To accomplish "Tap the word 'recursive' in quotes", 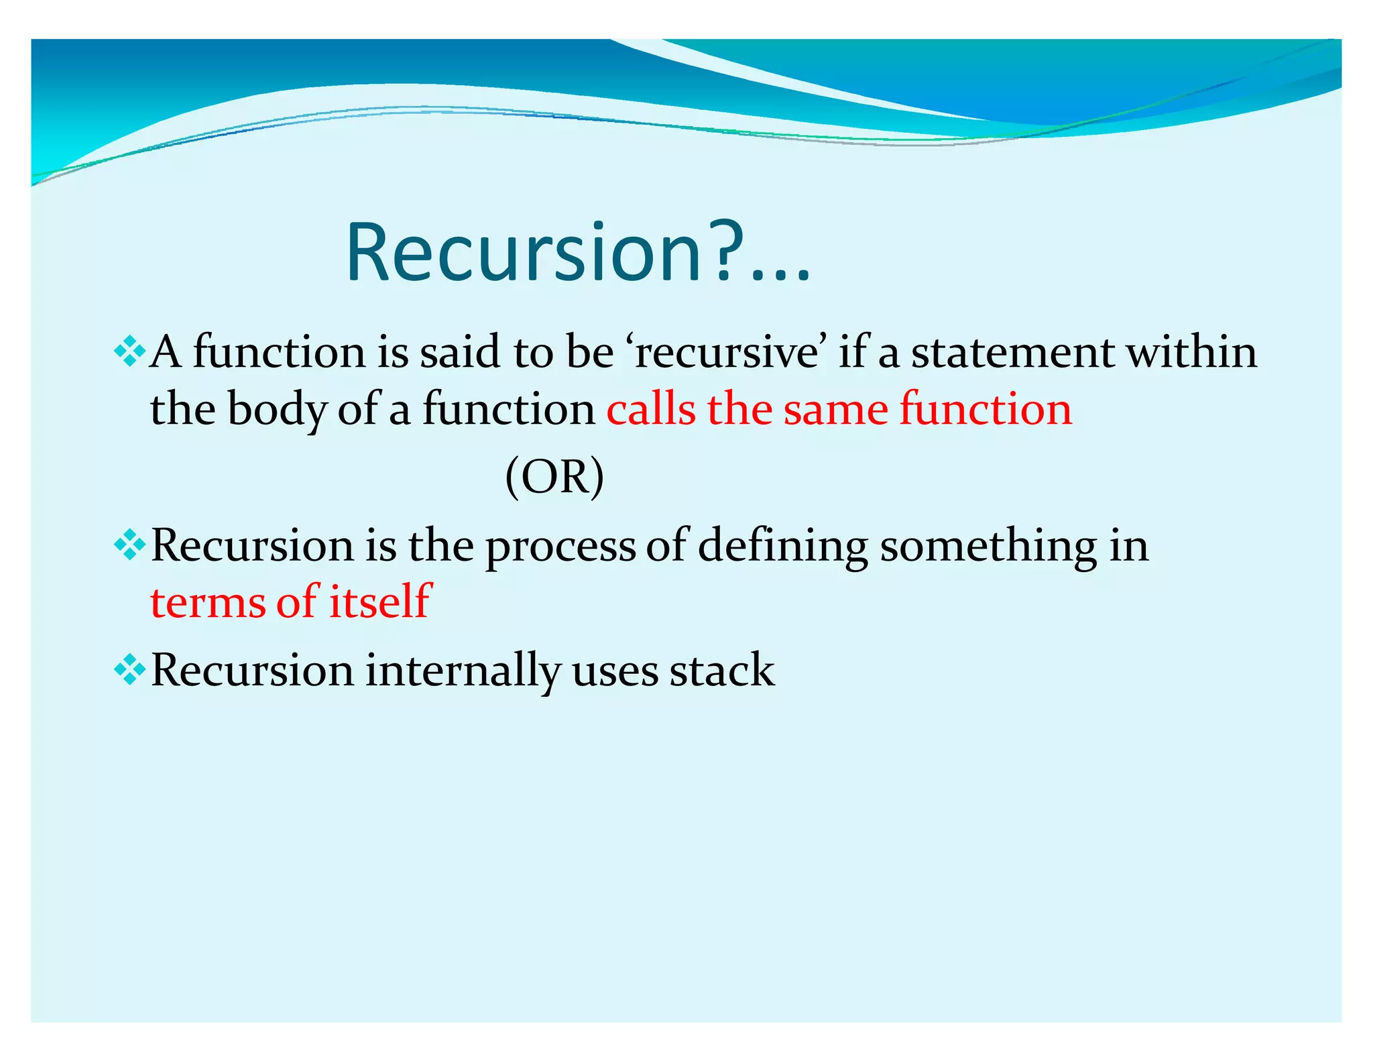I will click(727, 352).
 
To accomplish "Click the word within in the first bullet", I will click(1191, 352).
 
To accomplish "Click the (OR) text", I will click(554, 476).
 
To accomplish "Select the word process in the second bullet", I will click(560, 547).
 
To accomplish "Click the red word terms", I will click(207, 602).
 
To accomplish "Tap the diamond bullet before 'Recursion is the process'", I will click(129, 545).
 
